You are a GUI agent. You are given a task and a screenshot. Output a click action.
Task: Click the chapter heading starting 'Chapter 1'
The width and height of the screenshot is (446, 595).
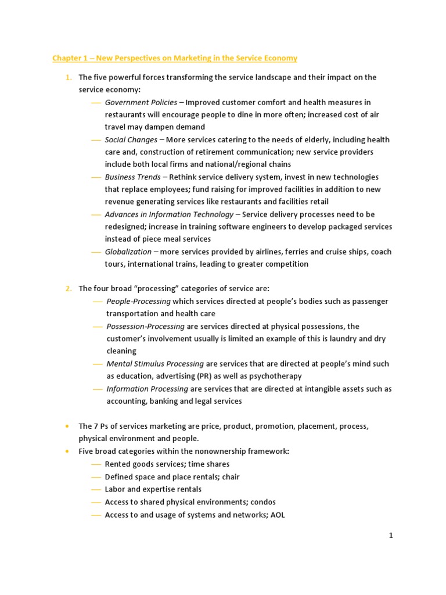(175, 58)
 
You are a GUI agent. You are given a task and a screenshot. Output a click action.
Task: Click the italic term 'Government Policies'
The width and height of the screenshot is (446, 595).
(141, 102)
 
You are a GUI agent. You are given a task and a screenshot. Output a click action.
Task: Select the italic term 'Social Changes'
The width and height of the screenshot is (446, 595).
(131, 140)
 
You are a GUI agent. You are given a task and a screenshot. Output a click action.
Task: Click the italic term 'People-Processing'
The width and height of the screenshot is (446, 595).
(139, 302)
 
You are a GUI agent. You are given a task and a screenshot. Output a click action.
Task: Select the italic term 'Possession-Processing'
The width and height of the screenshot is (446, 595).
(146, 327)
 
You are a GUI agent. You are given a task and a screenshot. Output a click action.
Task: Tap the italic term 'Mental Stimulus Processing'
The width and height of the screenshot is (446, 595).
(155, 364)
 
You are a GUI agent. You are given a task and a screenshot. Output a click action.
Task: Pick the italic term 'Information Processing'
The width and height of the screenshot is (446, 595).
(148, 389)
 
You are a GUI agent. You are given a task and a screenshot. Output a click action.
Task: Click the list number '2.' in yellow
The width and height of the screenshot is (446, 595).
(69, 289)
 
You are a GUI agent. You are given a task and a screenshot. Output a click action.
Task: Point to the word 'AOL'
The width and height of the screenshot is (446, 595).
(277, 514)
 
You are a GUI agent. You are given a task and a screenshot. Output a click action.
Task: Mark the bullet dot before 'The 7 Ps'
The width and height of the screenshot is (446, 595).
(68, 426)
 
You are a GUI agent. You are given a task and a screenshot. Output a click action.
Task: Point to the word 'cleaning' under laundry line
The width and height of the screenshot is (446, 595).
(121, 351)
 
